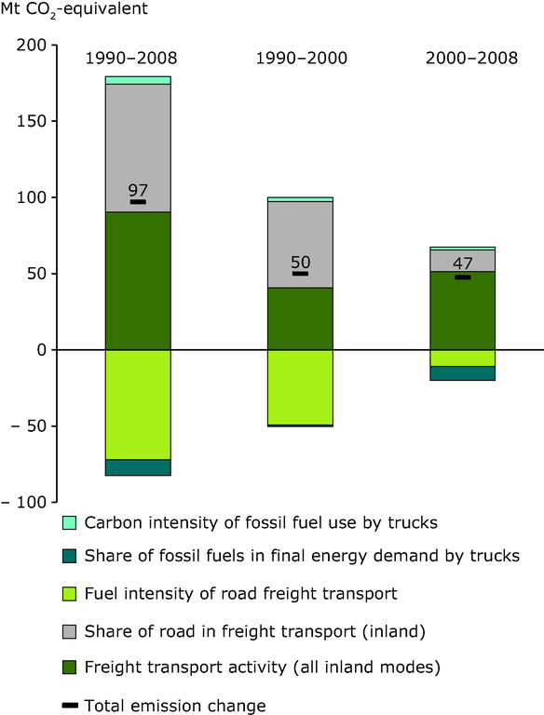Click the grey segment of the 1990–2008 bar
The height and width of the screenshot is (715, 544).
pyautogui.click(x=138, y=148)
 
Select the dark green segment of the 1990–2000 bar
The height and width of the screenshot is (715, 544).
pyautogui.click(x=300, y=318)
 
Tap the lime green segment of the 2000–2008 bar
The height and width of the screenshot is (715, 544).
pyautogui.click(x=463, y=357)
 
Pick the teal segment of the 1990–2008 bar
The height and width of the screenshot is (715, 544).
pyautogui.click(x=138, y=467)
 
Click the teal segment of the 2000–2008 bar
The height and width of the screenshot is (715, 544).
pyautogui.click(x=463, y=373)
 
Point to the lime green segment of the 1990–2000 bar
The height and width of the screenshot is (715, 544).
pyautogui.click(x=300, y=387)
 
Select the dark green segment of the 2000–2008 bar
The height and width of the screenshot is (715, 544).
pyautogui.click(x=463, y=311)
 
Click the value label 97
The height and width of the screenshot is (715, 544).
pyautogui.click(x=138, y=190)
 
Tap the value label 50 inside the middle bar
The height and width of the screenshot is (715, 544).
pyautogui.click(x=300, y=263)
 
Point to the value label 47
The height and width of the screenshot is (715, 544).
pyautogui.click(x=463, y=263)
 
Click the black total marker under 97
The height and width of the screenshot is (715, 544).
pyautogui.click(x=138, y=201)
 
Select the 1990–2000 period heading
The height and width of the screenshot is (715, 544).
pyautogui.click(x=301, y=59)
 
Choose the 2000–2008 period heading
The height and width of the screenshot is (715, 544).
pyautogui.click(x=471, y=59)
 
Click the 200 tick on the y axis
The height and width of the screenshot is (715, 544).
pyautogui.click(x=54, y=45)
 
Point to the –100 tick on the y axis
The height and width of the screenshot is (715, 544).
pyautogui.click(x=54, y=502)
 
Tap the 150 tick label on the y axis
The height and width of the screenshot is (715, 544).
pyautogui.click(x=32, y=121)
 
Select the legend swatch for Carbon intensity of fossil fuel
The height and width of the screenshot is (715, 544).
pyautogui.click(x=69, y=522)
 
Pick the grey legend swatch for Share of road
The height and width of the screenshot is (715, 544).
pyautogui.click(x=69, y=631)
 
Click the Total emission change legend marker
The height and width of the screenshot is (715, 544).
pyautogui.click(x=70, y=706)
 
